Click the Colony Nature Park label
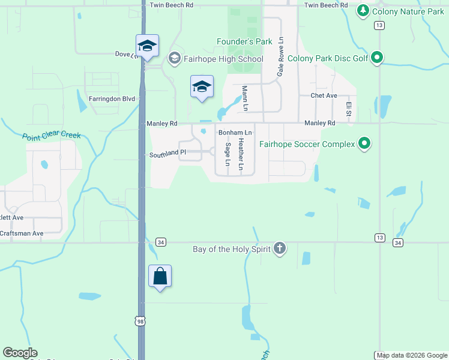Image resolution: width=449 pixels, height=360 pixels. click(x=408, y=11)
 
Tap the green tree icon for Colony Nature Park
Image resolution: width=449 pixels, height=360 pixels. click(x=363, y=11)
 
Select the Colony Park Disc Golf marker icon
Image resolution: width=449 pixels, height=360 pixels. click(x=377, y=58)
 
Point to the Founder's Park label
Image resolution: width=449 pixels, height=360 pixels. click(x=244, y=41)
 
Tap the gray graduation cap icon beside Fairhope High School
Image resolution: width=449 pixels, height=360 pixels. click(x=175, y=58)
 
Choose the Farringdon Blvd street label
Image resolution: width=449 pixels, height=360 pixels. click(x=112, y=98)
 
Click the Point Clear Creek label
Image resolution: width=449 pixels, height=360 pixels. click(x=51, y=136)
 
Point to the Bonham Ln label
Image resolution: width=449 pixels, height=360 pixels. click(x=235, y=132)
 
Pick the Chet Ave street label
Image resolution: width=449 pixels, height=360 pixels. click(x=324, y=95)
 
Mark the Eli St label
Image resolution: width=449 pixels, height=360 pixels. click(x=348, y=109)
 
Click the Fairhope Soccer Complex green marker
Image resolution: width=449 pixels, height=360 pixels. click(x=364, y=143)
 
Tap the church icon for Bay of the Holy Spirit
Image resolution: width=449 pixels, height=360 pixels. click(x=279, y=248)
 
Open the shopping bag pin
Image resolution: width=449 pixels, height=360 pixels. click(x=160, y=277)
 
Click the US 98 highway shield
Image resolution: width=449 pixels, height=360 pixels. click(x=140, y=321)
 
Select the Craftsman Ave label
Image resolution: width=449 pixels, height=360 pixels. click(x=22, y=233)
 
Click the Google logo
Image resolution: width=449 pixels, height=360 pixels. click(x=20, y=353)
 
